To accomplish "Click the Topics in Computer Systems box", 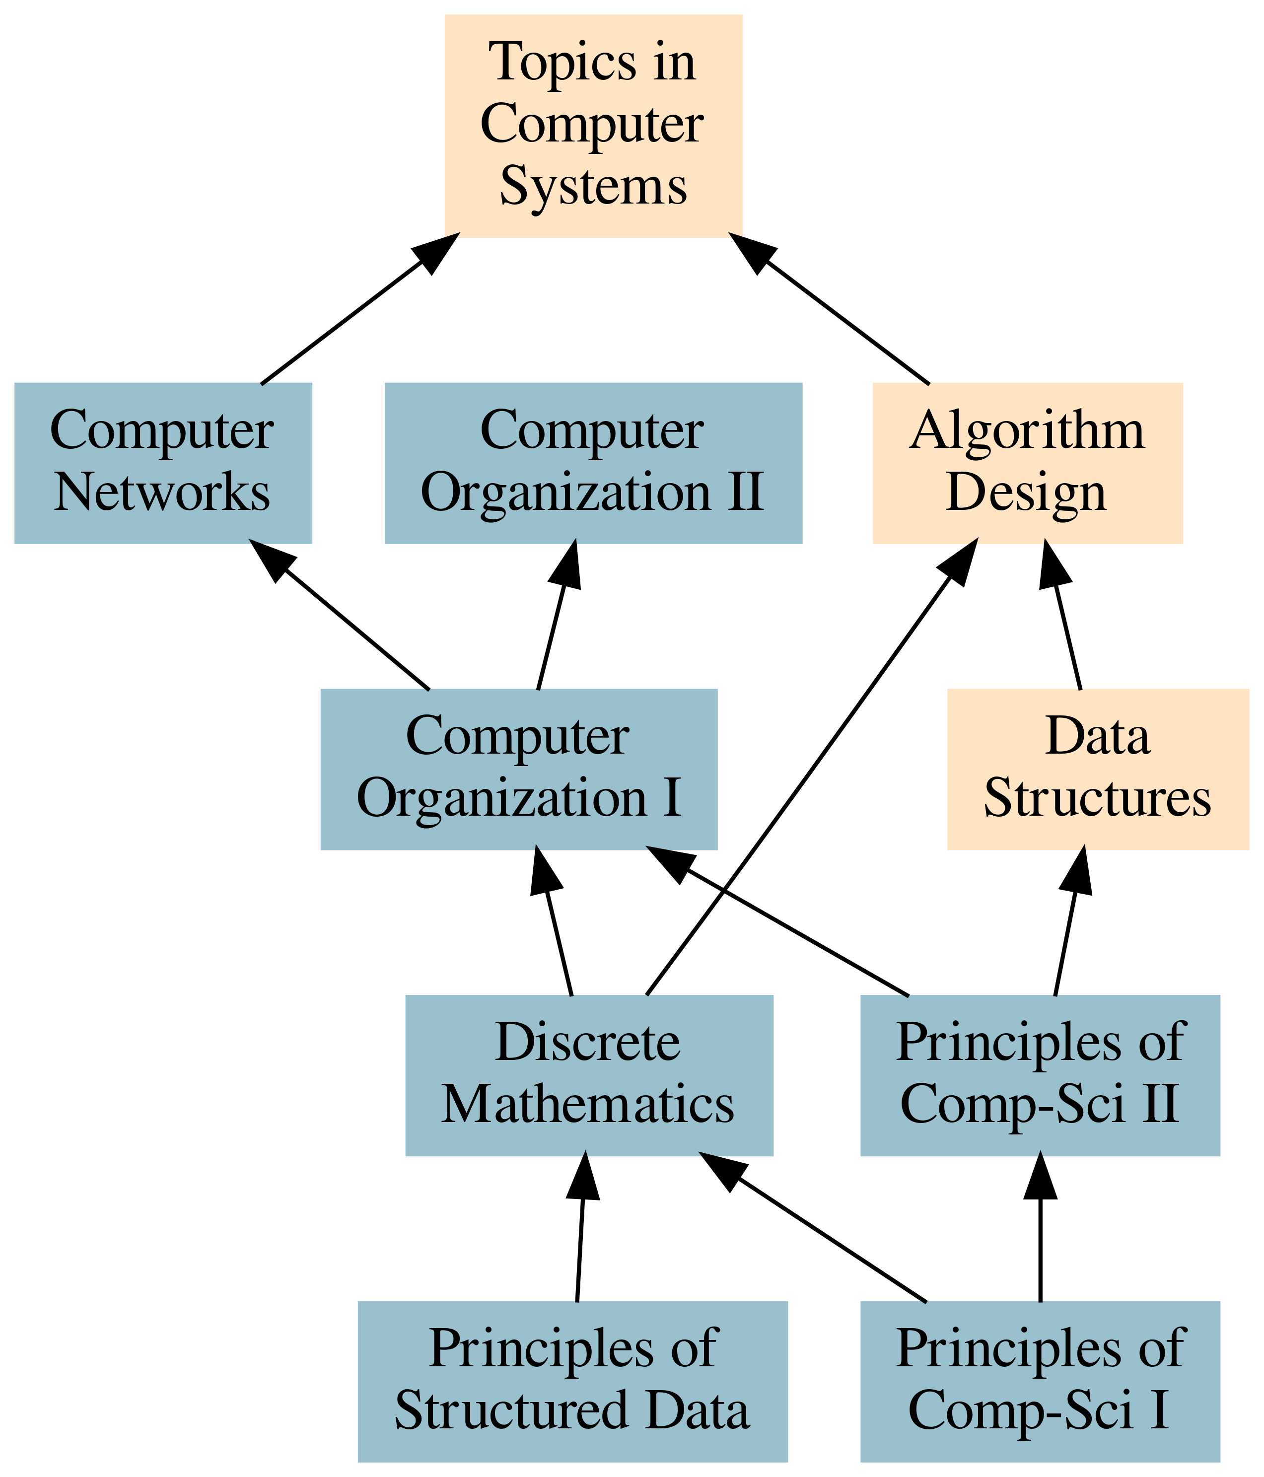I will pyautogui.click(x=593, y=125).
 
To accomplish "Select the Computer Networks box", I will pyautogui.click(x=162, y=463).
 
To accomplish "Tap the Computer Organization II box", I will pyautogui.click(x=593, y=463).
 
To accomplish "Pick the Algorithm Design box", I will pyautogui.click(x=1027, y=463).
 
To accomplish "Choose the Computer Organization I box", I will pyautogui.click(x=518, y=769).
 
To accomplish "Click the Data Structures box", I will pyautogui.click(x=1097, y=769).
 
